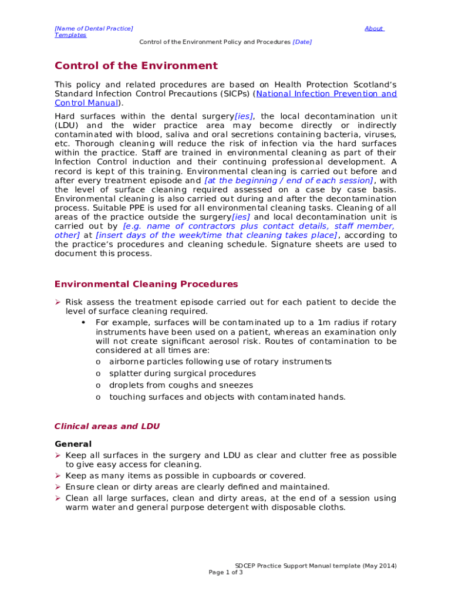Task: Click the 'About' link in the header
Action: tap(373, 28)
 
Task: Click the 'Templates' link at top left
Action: tap(70, 35)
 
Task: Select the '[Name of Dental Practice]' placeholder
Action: tap(93, 28)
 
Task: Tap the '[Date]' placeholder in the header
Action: tap(302, 42)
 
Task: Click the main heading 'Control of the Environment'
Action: tap(136, 66)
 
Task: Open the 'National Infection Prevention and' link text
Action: tap(326, 94)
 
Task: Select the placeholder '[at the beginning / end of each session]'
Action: tap(288, 181)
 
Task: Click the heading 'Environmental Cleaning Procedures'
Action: tap(146, 285)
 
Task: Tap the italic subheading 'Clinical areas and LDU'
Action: tap(107, 427)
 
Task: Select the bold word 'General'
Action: tap(73, 444)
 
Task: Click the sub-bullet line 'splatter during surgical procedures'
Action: tap(182, 373)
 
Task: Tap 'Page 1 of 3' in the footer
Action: tap(226, 572)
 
